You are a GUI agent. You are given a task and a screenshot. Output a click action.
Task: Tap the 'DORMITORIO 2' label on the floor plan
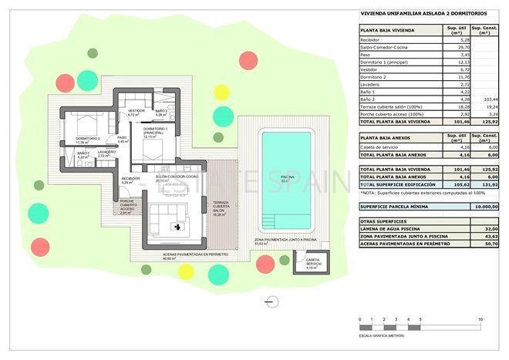pyautogui.click(x=87, y=140)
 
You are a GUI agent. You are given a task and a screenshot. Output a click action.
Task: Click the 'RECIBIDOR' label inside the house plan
pyautogui.click(x=130, y=180)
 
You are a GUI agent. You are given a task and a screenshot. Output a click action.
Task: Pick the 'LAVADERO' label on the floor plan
pyautogui.click(x=106, y=153)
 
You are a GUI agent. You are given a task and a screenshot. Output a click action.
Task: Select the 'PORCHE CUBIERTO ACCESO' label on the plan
pyautogui.click(x=127, y=207)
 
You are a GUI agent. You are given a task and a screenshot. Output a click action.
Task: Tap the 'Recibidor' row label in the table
pyautogui.click(x=372, y=40)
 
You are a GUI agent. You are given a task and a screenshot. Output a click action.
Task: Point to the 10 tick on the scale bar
pyautogui.click(x=480, y=319)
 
